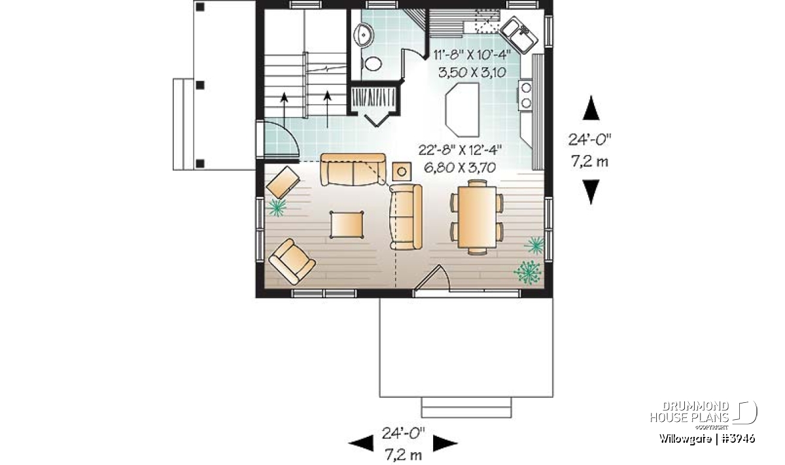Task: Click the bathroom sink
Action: [364, 35]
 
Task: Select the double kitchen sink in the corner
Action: [518, 35]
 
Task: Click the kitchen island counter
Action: [462, 110]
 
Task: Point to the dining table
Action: [477, 217]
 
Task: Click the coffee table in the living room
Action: [347, 224]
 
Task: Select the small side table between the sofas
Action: [402, 171]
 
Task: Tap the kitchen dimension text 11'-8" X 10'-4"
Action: [472, 55]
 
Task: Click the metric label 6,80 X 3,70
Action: [460, 168]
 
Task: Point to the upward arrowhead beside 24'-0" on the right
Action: [591, 108]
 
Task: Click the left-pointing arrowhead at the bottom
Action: [361, 443]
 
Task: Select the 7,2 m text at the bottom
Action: [404, 455]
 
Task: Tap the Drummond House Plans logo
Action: [703, 415]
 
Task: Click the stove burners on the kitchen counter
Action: [526, 95]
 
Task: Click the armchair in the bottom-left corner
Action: [292, 262]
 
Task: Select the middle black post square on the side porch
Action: [200, 85]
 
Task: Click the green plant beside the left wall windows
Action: [277, 207]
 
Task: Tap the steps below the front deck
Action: [466, 407]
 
